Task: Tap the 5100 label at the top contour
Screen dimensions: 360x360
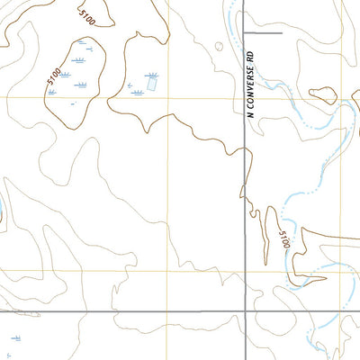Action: (x=86, y=17)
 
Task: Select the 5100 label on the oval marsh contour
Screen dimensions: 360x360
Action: (x=53, y=76)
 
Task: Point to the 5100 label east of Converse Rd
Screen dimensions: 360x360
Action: (x=284, y=240)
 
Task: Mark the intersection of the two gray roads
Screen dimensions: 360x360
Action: (x=246, y=311)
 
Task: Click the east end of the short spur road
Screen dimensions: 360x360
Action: (x=281, y=33)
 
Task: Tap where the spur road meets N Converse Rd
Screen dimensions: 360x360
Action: (x=246, y=33)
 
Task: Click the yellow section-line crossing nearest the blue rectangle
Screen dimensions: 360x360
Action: (x=166, y=98)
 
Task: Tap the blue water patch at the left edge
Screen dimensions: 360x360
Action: (x=2, y=212)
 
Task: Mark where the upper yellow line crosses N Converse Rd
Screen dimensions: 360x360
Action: (x=246, y=98)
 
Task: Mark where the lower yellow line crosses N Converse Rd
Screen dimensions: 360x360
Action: (x=246, y=270)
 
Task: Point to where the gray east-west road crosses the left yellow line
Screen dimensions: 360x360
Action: (x=166, y=311)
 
